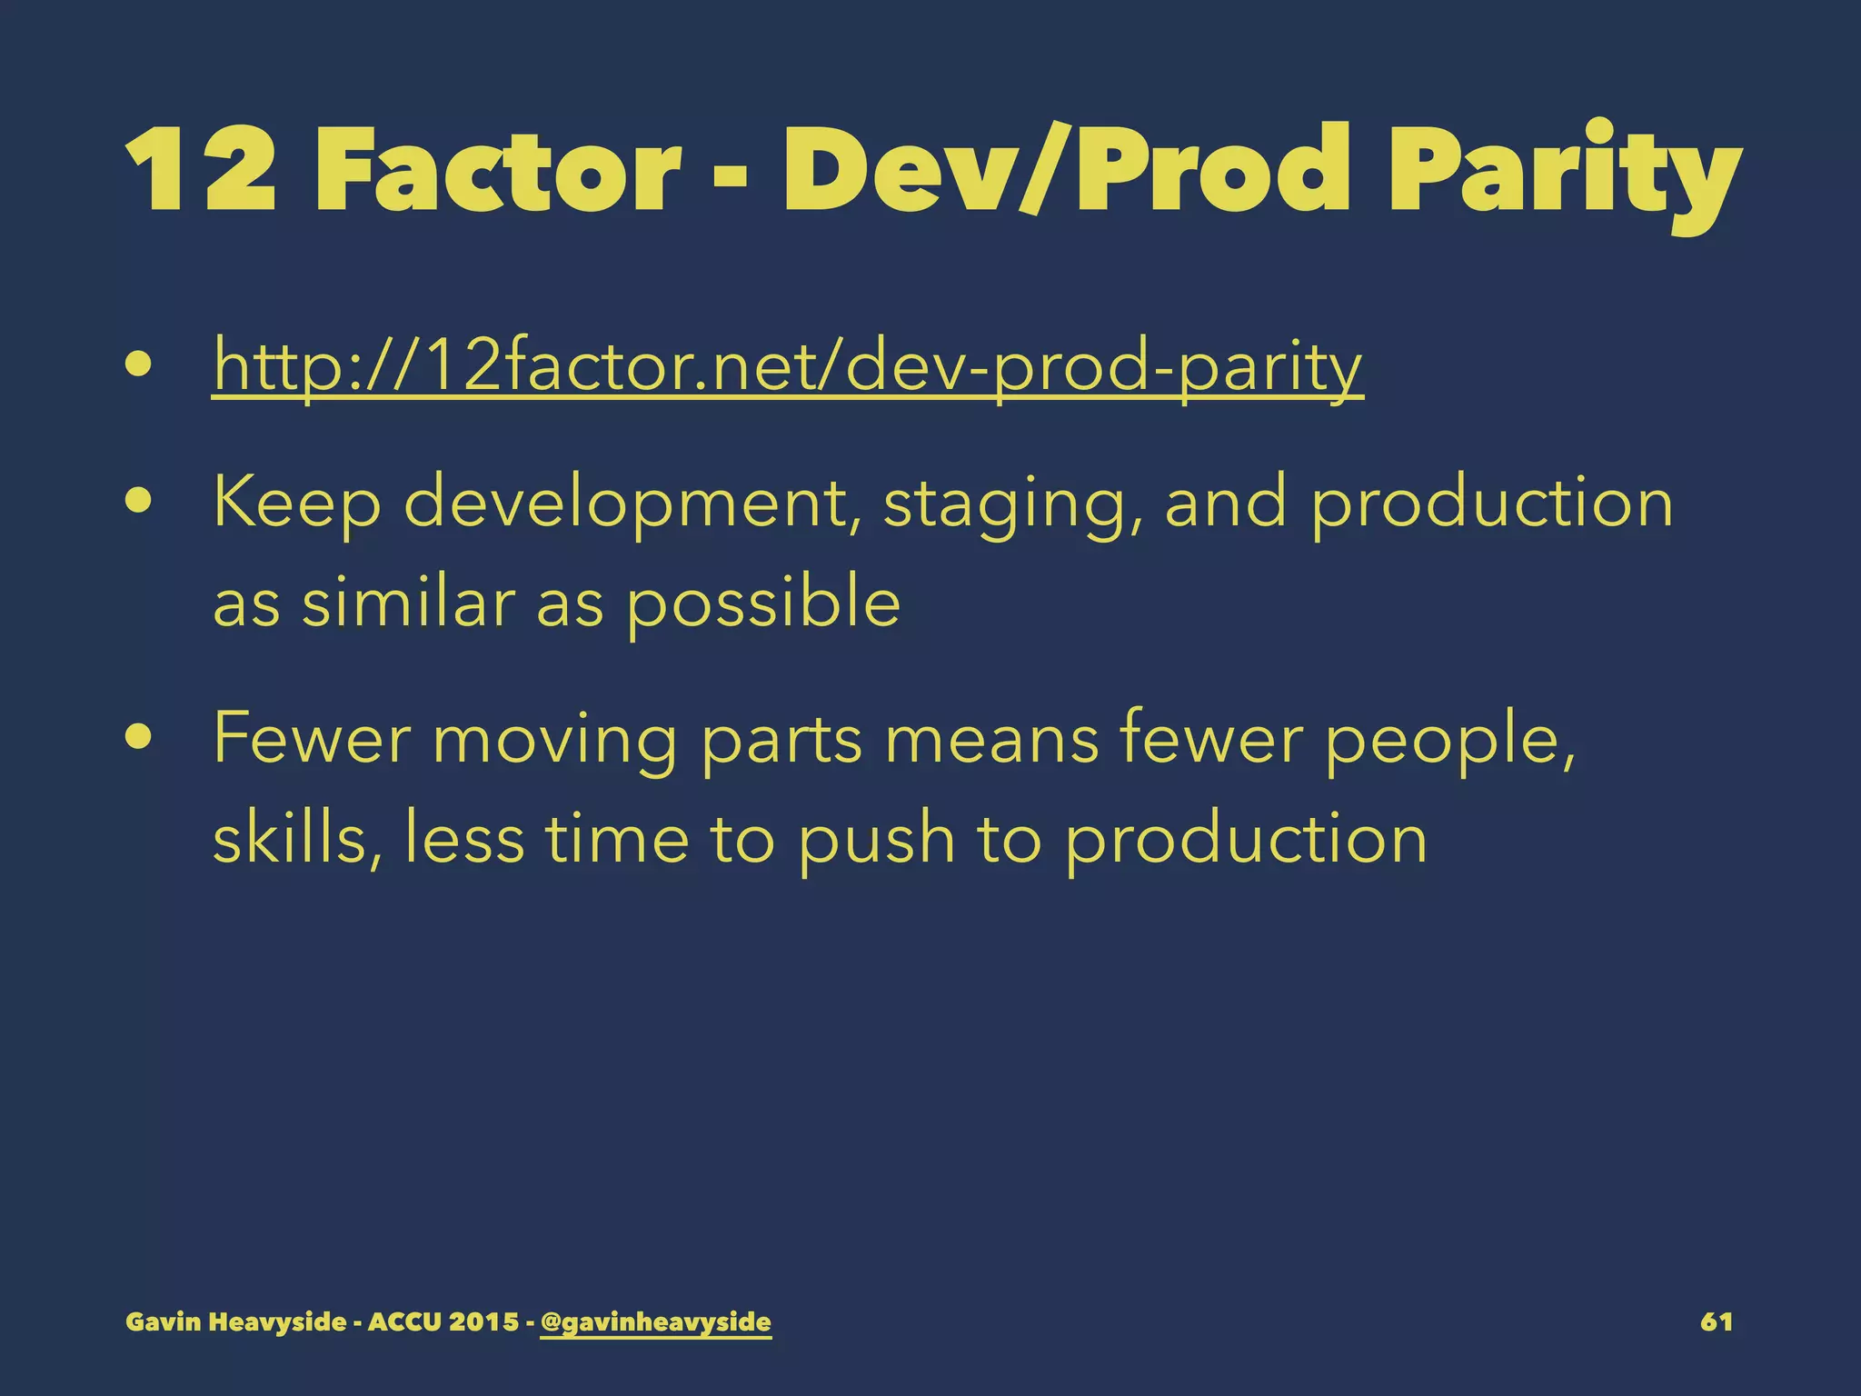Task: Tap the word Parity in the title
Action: pyautogui.click(x=1563, y=173)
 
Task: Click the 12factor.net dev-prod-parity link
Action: pyautogui.click(x=788, y=367)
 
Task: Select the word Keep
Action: pyautogui.click(x=297, y=504)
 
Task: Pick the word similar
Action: pyautogui.click(x=409, y=603)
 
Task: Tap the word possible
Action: pyautogui.click(x=763, y=605)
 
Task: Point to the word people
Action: pyautogui.click(x=1449, y=740)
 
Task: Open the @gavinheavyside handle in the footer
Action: pyautogui.click(x=655, y=1321)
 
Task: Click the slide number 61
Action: pyautogui.click(x=1716, y=1321)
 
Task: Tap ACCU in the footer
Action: pyautogui.click(x=404, y=1321)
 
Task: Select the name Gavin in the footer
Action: pyautogui.click(x=162, y=1321)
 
